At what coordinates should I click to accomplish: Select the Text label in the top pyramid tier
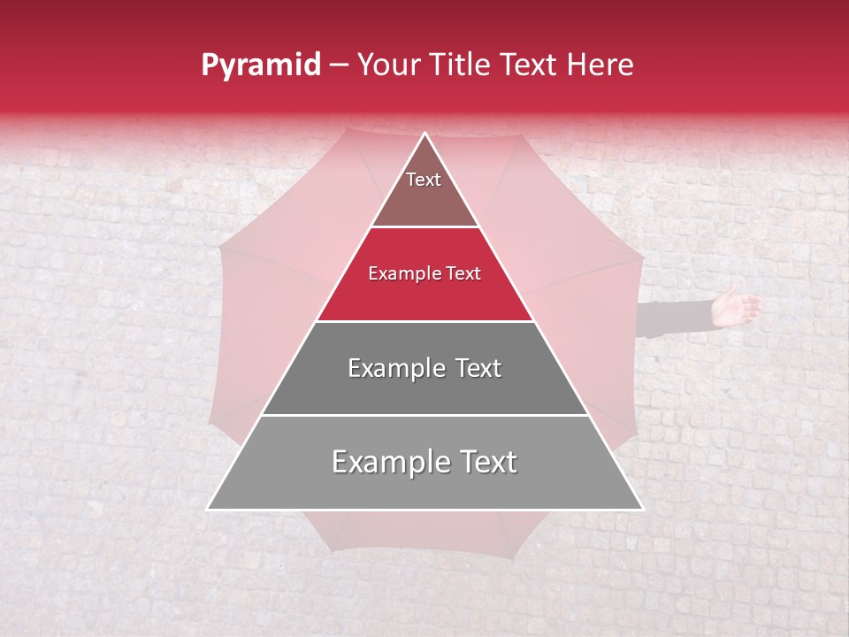(x=424, y=180)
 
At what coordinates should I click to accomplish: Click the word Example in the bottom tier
(x=387, y=462)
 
